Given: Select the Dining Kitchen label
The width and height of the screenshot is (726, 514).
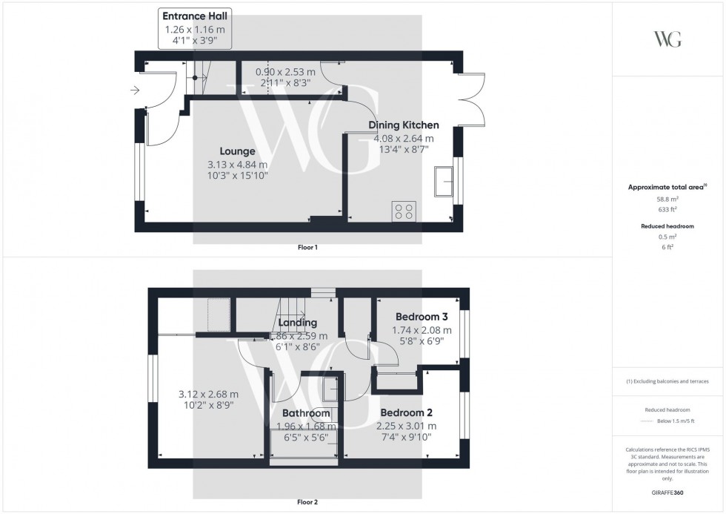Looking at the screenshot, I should click(404, 125).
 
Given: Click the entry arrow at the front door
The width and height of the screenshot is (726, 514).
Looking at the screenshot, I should click(134, 90).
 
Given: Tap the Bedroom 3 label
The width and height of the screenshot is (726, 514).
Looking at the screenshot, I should click(422, 316).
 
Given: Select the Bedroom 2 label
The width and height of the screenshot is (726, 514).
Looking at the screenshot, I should click(406, 412).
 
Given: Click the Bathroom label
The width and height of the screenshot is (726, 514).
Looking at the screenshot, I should click(306, 413).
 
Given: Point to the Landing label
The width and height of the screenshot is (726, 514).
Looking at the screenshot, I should click(298, 323).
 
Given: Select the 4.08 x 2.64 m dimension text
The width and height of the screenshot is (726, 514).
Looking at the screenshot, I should click(404, 139).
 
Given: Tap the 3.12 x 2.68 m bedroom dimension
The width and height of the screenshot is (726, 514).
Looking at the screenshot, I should click(208, 394).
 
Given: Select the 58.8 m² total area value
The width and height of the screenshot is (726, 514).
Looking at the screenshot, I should click(668, 200).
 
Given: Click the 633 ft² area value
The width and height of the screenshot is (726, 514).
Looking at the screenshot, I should click(668, 210).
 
